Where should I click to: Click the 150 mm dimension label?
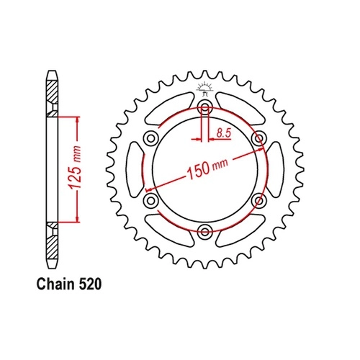click(x=208, y=167)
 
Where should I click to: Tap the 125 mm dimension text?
click(x=75, y=168)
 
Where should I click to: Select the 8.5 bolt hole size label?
click(x=224, y=133)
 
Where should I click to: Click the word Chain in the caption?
click(x=55, y=284)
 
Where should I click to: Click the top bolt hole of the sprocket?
click(x=204, y=107)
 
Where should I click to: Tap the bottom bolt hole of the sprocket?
click(x=204, y=232)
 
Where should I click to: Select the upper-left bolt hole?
click(x=150, y=138)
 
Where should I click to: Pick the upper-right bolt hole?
click(x=258, y=138)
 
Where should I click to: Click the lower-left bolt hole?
click(x=150, y=200)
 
